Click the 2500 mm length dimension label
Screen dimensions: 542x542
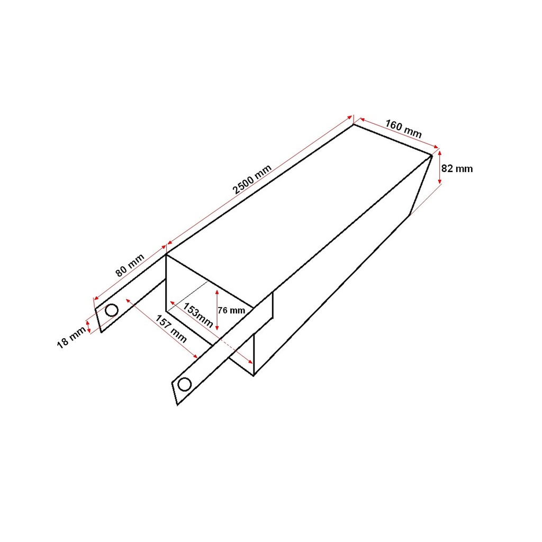(x=252, y=179)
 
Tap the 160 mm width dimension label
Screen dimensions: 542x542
(x=403, y=129)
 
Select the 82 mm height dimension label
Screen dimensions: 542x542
(x=457, y=169)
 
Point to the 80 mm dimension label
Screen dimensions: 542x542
(x=130, y=265)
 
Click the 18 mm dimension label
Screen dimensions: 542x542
(x=71, y=337)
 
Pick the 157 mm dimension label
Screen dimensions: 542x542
(x=171, y=329)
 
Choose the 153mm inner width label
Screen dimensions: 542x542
(x=198, y=315)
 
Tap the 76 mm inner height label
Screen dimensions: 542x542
(x=231, y=310)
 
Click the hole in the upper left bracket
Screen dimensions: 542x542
(x=112, y=310)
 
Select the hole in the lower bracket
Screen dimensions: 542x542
(x=185, y=384)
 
